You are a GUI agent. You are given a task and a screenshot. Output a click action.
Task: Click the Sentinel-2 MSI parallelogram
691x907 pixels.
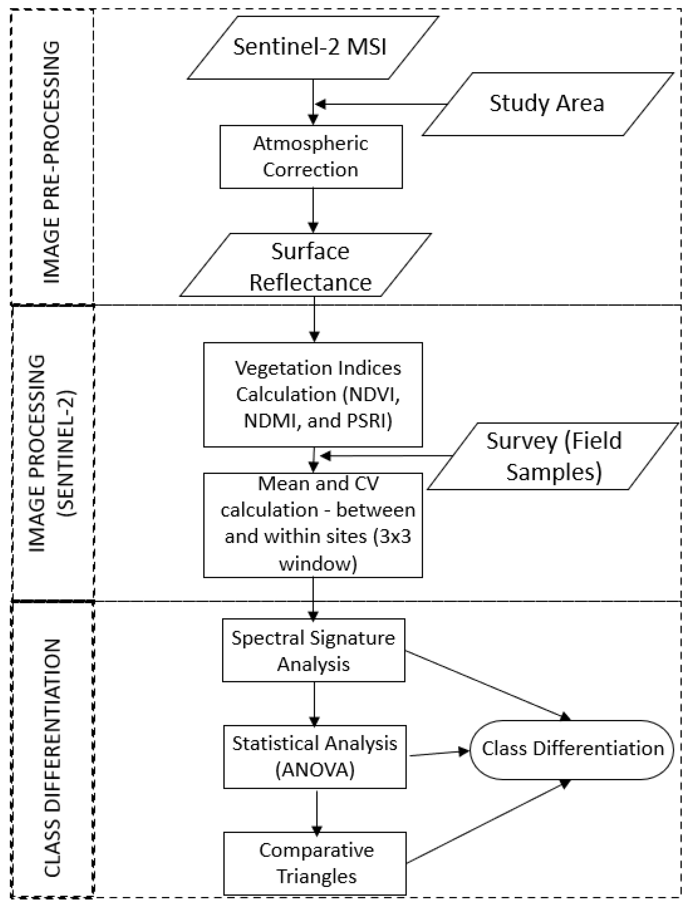pyautogui.click(x=313, y=47)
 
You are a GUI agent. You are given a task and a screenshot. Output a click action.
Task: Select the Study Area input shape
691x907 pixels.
pyautogui.click(x=547, y=104)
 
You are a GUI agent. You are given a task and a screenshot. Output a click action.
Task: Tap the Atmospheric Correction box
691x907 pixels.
pyautogui.click(x=311, y=157)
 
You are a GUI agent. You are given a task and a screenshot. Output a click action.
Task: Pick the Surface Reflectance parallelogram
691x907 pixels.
pyautogui.click(x=307, y=265)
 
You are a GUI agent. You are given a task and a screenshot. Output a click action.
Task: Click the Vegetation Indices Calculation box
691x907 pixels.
pyautogui.click(x=313, y=394)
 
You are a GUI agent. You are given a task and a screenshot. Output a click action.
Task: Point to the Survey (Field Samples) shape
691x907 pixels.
pyautogui.click(x=553, y=456)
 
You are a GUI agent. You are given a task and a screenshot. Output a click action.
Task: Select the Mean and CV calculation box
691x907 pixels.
pyautogui.click(x=313, y=524)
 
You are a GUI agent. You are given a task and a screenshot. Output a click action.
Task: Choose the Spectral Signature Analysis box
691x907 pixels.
pyautogui.click(x=313, y=650)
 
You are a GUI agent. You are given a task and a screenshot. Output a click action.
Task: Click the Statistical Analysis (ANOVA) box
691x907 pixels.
pyautogui.click(x=315, y=757)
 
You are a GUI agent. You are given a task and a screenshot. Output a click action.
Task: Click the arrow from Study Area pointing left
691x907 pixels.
pyautogui.click(x=383, y=104)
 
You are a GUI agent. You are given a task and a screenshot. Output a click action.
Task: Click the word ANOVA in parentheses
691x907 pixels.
pyautogui.click(x=315, y=770)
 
